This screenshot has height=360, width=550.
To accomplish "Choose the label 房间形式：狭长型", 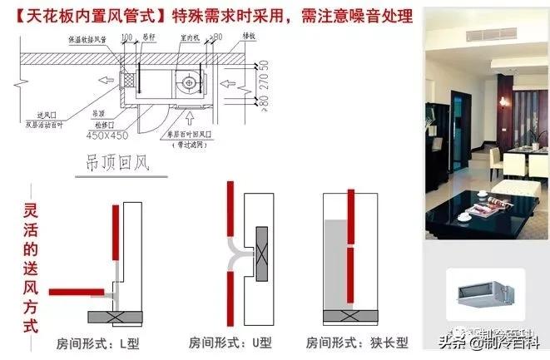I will click(x=357, y=342).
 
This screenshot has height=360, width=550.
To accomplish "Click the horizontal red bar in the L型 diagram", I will click(x=78, y=292).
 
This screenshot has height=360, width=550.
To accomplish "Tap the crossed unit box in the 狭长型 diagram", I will click(x=361, y=317).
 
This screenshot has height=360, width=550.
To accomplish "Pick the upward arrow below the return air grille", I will click(x=194, y=119).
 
